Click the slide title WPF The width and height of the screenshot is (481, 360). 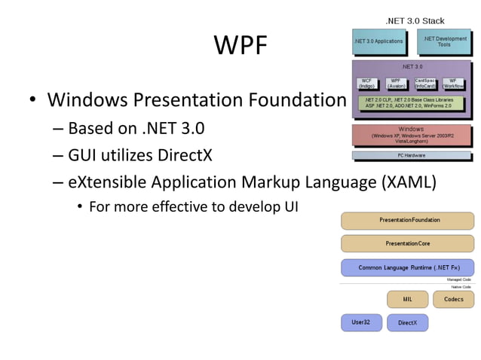240,47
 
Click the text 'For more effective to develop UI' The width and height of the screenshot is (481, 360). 194,206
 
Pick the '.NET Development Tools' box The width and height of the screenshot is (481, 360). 444,41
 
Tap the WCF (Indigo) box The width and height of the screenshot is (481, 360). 366,84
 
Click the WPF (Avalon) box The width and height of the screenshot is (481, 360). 395,84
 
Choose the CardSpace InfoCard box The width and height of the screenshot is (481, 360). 425,84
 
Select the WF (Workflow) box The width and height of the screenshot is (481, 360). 453,84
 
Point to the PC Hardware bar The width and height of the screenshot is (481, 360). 411,156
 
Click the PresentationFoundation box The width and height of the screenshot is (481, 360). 408,220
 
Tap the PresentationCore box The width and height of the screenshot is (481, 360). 408,243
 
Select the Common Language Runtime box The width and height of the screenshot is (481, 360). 408,267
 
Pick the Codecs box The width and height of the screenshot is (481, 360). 453,299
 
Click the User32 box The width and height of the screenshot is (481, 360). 361,322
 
